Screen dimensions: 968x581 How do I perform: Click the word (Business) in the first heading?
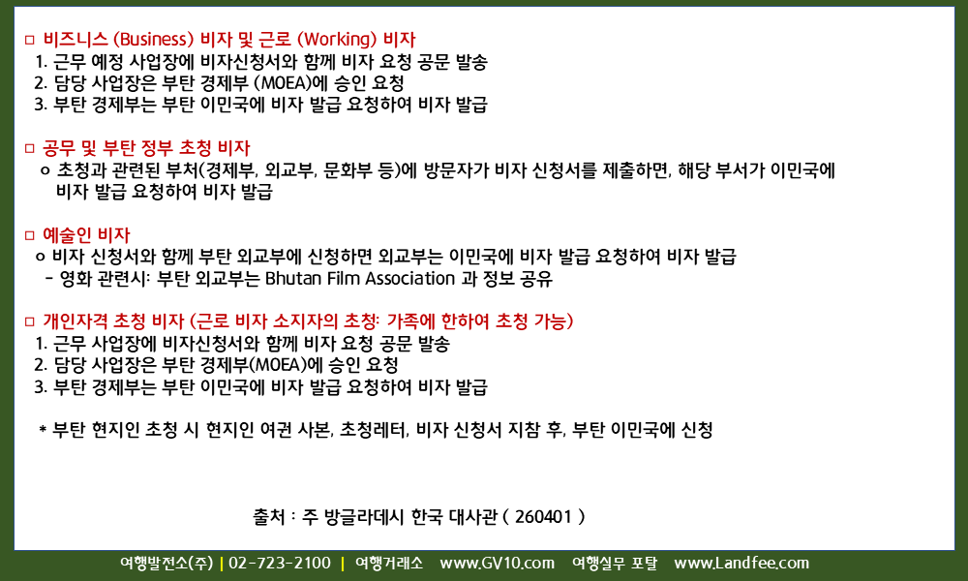(154, 40)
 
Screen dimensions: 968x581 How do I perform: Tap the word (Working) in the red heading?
(337, 40)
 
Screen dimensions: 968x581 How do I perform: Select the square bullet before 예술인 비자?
(30, 235)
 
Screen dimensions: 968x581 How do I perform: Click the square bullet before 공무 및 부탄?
(30, 148)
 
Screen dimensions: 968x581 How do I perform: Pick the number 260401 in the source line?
(543, 516)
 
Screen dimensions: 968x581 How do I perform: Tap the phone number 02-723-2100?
(280, 564)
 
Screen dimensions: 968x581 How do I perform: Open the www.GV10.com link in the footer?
(497, 564)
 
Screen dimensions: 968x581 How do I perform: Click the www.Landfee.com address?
(741, 564)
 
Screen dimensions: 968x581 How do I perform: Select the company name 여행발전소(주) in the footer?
(166, 564)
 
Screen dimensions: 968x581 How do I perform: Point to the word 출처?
(268, 516)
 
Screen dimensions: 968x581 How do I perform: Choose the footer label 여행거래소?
(389, 564)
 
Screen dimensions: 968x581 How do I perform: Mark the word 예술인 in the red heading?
(68, 234)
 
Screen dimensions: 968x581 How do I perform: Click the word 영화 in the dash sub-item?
(76, 279)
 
